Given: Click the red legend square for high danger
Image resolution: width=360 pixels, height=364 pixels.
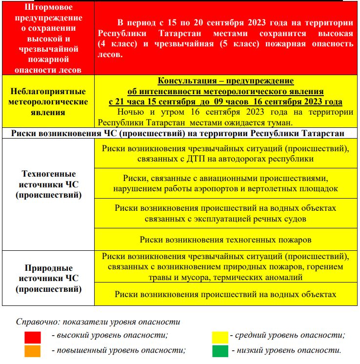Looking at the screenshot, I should [x=33, y=338].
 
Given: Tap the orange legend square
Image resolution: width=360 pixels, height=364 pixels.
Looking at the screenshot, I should [x=33, y=351].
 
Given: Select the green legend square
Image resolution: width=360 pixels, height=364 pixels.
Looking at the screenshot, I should [x=220, y=351].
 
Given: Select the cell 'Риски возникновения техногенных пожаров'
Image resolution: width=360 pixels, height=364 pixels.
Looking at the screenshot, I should [x=225, y=240].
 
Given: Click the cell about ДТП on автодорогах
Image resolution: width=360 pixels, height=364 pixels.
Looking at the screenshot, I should [x=225, y=153].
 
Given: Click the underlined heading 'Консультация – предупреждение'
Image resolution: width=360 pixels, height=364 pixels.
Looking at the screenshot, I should [x=225, y=81].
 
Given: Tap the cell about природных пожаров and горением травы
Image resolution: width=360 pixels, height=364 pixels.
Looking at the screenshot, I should [x=225, y=267].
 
